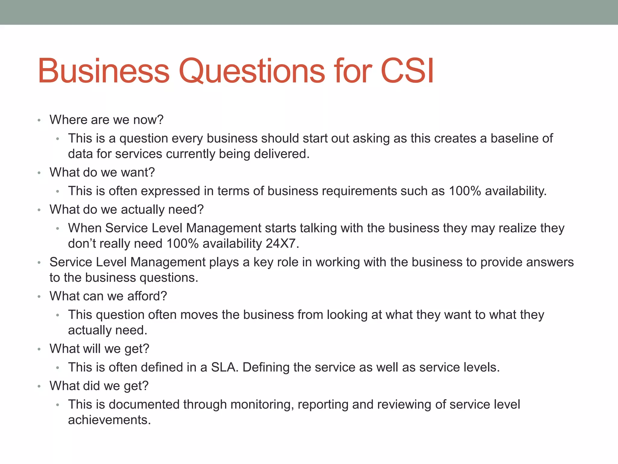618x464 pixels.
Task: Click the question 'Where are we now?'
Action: tap(107, 120)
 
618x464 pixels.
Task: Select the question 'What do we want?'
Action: tap(102, 172)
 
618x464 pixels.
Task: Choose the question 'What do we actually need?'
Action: tap(127, 209)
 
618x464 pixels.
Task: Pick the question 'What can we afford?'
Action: tap(108, 296)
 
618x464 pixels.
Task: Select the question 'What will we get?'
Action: tap(100, 349)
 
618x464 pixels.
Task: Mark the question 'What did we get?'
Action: tap(99, 386)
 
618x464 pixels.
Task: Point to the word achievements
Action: tap(109, 420)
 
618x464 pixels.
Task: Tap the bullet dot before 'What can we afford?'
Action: tap(39, 297)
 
